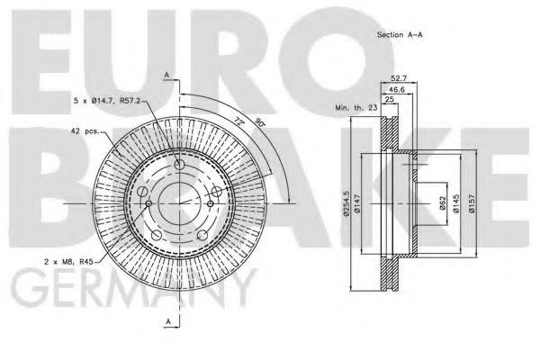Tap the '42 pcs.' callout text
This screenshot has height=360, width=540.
85,132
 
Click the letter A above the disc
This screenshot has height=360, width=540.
166,73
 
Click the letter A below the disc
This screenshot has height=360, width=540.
166,321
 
